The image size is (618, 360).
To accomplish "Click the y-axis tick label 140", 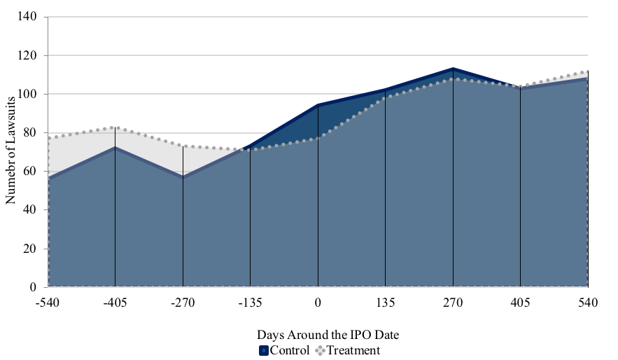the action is tap(27, 17).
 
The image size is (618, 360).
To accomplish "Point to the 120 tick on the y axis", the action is tap(27, 55).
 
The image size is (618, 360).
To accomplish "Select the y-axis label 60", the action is tap(30, 171).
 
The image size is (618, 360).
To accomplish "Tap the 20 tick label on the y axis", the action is tap(30, 249).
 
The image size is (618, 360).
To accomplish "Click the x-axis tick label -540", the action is tap(48, 303).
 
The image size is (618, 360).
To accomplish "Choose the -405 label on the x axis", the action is tap(115, 303).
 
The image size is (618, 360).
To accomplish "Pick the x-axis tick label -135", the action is tap(250, 303).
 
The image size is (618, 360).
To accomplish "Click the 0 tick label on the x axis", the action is tap(318, 303).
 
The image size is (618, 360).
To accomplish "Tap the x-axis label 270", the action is tap(453, 303).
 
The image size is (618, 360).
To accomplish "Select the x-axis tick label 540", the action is tap(588, 303).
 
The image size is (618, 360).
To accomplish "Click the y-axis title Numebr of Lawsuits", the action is tap(10, 151).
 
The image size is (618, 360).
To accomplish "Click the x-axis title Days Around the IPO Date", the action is tap(328, 335).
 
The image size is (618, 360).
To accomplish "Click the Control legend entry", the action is tap(285, 350).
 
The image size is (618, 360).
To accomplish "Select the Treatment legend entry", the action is tap(348, 350).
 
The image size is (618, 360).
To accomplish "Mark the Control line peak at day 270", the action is tap(453, 69).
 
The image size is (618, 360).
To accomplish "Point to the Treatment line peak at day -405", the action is tap(115, 127).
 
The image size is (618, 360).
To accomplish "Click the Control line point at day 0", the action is tap(318, 105).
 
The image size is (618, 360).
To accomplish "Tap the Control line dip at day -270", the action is tap(183, 177).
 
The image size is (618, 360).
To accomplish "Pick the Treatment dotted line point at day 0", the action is tap(318, 138).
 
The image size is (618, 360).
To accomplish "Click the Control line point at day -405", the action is tap(115, 148).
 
